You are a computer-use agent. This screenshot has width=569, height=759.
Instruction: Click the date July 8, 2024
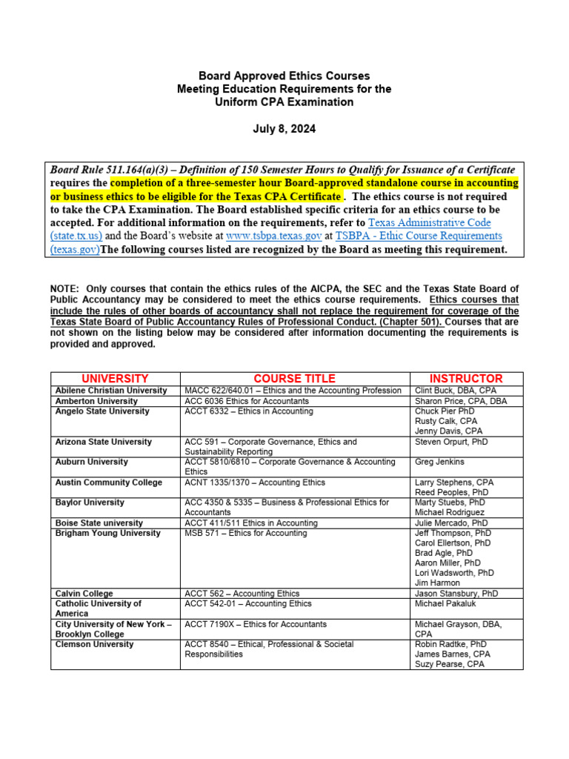(x=284, y=129)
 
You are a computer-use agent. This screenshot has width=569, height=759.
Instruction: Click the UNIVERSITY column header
(x=115, y=378)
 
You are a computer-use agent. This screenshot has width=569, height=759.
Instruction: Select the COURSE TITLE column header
(x=294, y=378)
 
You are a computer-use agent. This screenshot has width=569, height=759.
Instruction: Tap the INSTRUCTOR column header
(x=466, y=378)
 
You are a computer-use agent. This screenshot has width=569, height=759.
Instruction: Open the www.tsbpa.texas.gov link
(x=273, y=236)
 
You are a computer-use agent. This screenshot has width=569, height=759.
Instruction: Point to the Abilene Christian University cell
(x=111, y=390)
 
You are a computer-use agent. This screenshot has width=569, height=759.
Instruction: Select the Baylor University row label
(x=90, y=503)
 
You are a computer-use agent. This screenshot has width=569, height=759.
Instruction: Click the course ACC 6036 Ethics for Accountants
(x=247, y=400)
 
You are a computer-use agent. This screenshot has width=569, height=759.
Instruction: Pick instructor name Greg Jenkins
(x=441, y=462)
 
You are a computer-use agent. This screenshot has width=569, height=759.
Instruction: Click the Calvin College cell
(x=84, y=594)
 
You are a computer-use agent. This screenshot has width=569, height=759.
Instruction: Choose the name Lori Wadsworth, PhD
(x=454, y=573)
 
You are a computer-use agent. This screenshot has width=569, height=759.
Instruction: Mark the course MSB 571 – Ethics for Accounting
(x=245, y=533)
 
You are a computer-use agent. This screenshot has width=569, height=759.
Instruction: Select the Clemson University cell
(x=95, y=644)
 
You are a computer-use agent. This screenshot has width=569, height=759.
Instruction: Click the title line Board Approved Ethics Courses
(x=284, y=76)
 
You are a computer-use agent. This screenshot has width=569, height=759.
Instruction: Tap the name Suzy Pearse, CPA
(x=449, y=665)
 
